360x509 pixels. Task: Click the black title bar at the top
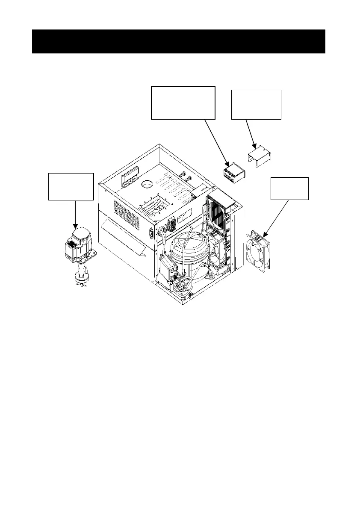point(179,41)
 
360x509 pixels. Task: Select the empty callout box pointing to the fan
point(289,188)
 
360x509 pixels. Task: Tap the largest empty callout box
point(183,102)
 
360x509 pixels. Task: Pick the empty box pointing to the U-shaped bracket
point(256,105)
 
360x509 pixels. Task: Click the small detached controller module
point(233,173)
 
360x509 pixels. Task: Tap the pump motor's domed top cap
point(80,233)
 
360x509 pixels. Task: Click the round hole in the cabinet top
point(147,184)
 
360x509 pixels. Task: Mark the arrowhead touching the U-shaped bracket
point(254,147)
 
